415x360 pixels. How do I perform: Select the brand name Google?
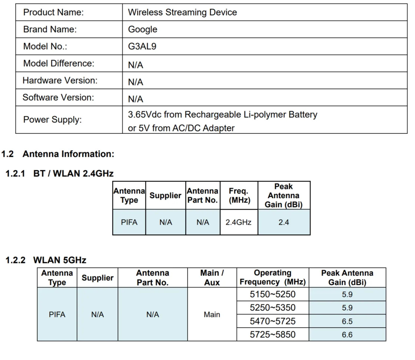[x=143, y=30]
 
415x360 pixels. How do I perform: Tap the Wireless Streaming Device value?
[x=182, y=12]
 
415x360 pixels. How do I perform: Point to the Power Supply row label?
[x=52, y=120]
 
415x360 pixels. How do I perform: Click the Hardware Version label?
[x=60, y=80]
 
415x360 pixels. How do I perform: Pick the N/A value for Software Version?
[x=136, y=99]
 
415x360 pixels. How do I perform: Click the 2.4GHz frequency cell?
[x=239, y=222]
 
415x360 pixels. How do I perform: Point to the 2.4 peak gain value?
[x=284, y=222]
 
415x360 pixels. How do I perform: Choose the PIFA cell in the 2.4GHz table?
[x=129, y=222]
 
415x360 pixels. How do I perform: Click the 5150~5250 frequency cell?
[x=273, y=294]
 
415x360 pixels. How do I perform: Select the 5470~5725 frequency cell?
[x=273, y=321]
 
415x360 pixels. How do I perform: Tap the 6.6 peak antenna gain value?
[x=347, y=335]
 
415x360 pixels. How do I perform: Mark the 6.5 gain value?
[x=347, y=321]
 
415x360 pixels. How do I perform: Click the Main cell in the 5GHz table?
[x=212, y=314]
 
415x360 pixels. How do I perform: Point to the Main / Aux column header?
[x=212, y=278]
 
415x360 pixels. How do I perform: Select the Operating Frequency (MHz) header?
[x=273, y=278]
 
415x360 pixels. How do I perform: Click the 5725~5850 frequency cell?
[x=273, y=335]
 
